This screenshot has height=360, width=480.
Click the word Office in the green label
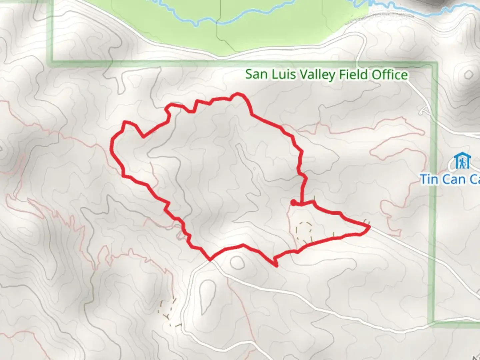390,74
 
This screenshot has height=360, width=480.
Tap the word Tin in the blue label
429,179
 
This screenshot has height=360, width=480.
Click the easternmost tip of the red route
370,227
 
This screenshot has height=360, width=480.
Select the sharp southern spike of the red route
276,265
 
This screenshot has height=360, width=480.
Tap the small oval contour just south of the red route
237,263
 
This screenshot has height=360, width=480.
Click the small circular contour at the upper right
468,74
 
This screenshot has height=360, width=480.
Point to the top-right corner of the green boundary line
434,63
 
